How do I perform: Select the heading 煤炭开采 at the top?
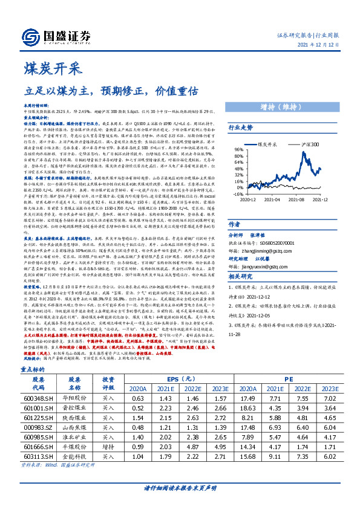[44, 67]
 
